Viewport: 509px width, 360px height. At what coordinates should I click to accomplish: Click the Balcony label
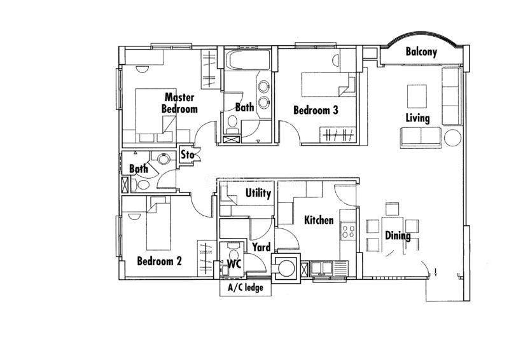[421, 52]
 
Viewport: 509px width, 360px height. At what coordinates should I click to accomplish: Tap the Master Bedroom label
[179, 103]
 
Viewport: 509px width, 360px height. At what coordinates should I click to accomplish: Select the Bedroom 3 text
[316, 110]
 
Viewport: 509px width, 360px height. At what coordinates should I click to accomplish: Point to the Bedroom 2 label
[159, 261]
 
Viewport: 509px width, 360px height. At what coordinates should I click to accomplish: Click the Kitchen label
[319, 220]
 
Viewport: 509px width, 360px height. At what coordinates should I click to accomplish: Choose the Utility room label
[258, 193]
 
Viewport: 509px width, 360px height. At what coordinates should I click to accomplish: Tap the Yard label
[261, 247]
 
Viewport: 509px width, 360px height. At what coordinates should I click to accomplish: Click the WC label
[234, 264]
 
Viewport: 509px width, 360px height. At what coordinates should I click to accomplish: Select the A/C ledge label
[246, 287]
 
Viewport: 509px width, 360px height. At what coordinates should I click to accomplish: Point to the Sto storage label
[188, 155]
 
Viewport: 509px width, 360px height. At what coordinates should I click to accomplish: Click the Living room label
[417, 118]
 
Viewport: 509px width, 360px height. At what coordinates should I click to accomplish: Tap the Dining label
[398, 236]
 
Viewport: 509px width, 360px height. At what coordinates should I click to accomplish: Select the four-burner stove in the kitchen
[348, 231]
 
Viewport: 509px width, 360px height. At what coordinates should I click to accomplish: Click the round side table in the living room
[452, 137]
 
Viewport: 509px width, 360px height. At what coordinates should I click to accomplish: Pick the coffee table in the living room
[417, 97]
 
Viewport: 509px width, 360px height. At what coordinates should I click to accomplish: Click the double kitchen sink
[321, 268]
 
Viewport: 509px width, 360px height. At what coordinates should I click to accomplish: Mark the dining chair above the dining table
[392, 209]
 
